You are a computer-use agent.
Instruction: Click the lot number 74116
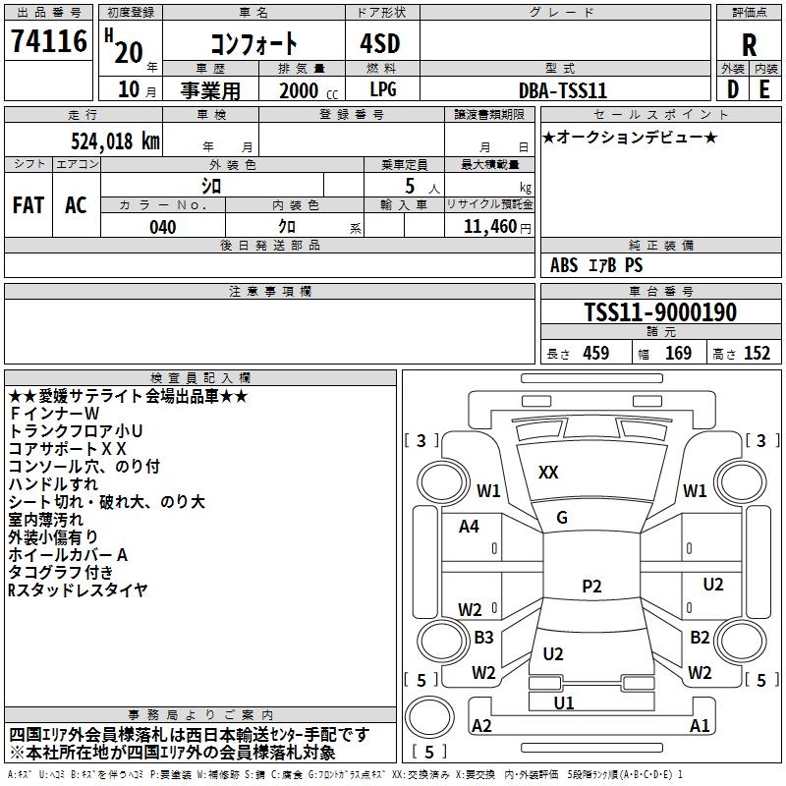click(x=49, y=43)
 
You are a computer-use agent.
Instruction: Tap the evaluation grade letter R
click(x=749, y=44)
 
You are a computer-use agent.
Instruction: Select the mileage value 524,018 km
click(x=115, y=140)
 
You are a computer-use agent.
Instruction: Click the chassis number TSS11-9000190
click(x=660, y=312)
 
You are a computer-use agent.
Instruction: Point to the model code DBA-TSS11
click(x=563, y=89)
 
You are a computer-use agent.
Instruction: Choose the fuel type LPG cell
click(x=383, y=89)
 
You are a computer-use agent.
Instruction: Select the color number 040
click(x=163, y=227)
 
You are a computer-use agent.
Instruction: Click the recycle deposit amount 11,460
click(x=488, y=227)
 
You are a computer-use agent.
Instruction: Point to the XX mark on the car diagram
click(x=548, y=473)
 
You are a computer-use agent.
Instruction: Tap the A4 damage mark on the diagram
click(x=469, y=527)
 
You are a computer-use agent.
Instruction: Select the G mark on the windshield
click(x=561, y=518)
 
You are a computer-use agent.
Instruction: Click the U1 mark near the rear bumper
click(x=564, y=702)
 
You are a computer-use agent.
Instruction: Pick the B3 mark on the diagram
click(x=483, y=638)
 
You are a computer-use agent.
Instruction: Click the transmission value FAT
click(x=28, y=205)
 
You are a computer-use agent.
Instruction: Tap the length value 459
click(x=595, y=354)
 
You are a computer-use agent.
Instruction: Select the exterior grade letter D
click(x=732, y=89)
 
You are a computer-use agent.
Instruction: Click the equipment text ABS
click(x=564, y=265)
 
